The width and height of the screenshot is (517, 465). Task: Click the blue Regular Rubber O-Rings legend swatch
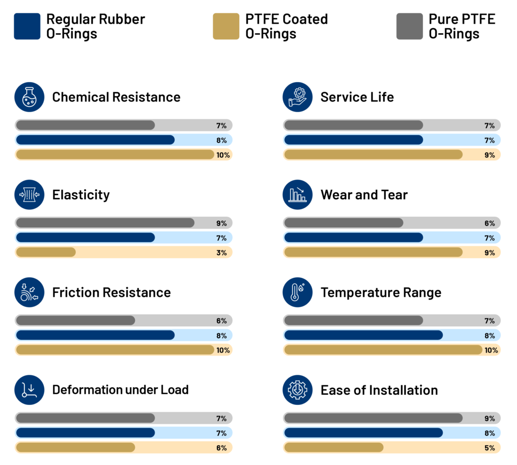27,26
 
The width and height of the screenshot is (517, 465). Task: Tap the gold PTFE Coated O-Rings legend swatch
226,26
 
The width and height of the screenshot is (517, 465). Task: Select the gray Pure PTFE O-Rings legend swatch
409,26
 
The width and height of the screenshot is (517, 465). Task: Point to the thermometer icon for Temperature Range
298,293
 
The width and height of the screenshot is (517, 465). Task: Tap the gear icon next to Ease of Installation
298,390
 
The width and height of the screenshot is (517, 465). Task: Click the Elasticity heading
81,195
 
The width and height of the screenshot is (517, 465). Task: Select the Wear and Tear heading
364,195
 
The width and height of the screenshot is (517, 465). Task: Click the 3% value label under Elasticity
221,253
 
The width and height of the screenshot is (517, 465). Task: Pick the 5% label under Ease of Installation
489,448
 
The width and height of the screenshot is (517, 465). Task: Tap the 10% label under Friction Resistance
223,350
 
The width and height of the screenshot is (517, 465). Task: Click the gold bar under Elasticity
46,252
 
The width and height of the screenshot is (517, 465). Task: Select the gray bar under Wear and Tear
343,223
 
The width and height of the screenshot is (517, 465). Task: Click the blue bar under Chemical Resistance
95,140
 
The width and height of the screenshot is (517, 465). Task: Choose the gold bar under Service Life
373,154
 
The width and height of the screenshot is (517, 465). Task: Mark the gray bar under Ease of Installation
373,418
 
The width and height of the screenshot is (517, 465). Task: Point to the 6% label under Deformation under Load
221,448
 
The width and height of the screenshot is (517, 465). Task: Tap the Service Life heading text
357,97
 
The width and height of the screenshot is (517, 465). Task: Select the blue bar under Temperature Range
363,335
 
